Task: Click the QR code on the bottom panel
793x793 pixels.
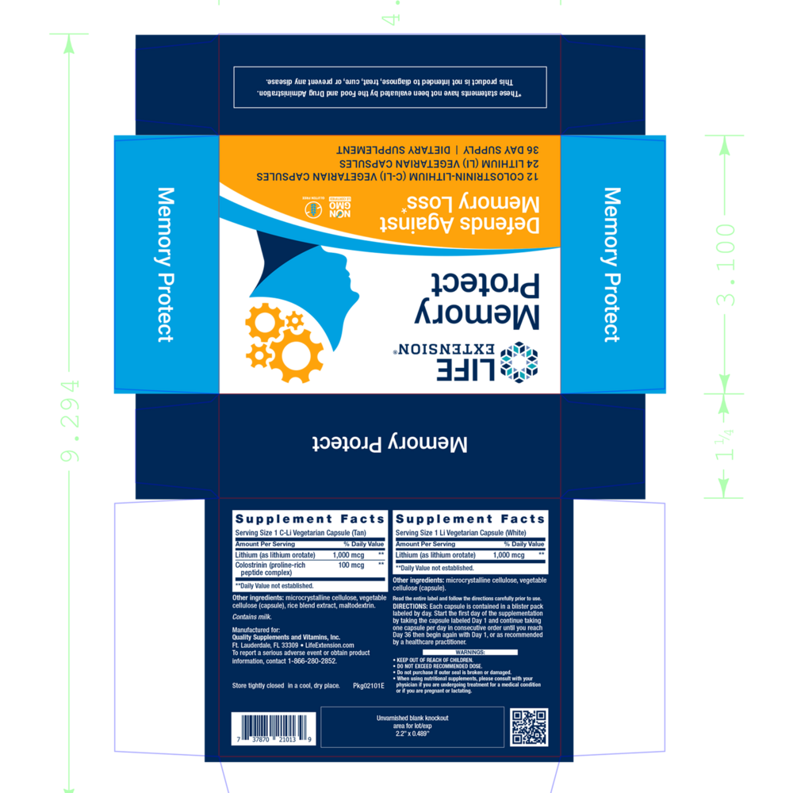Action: (529, 726)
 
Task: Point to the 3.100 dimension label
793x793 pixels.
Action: (726, 265)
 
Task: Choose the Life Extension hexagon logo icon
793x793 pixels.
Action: (523, 361)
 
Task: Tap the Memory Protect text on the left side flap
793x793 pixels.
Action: (165, 265)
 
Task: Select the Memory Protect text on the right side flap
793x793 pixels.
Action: (611, 265)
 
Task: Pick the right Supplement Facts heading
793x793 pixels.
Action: (470, 519)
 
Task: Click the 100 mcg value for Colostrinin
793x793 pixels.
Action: (351, 565)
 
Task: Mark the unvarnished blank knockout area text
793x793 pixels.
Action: (412, 726)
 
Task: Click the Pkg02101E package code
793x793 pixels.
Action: (368, 684)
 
